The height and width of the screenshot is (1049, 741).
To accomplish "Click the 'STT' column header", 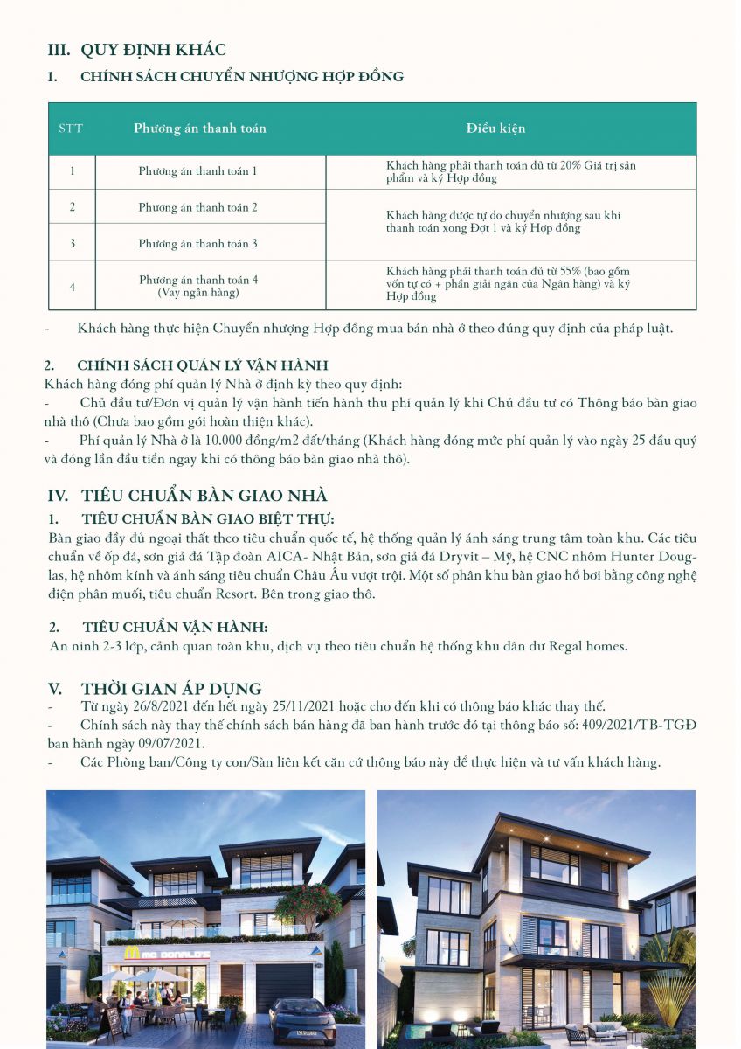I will [x=71, y=129].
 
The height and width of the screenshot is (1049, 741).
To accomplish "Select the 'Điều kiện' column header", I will [x=495, y=129].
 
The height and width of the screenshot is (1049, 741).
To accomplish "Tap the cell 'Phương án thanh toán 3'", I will [x=197, y=243].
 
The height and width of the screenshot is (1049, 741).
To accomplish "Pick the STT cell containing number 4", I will [x=72, y=285].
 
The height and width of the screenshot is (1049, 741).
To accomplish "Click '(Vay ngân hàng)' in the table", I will [x=197, y=292].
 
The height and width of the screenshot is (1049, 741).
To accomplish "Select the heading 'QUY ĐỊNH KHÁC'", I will [x=153, y=50].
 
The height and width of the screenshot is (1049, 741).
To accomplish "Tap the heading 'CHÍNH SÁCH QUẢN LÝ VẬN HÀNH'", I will [x=203, y=365].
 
